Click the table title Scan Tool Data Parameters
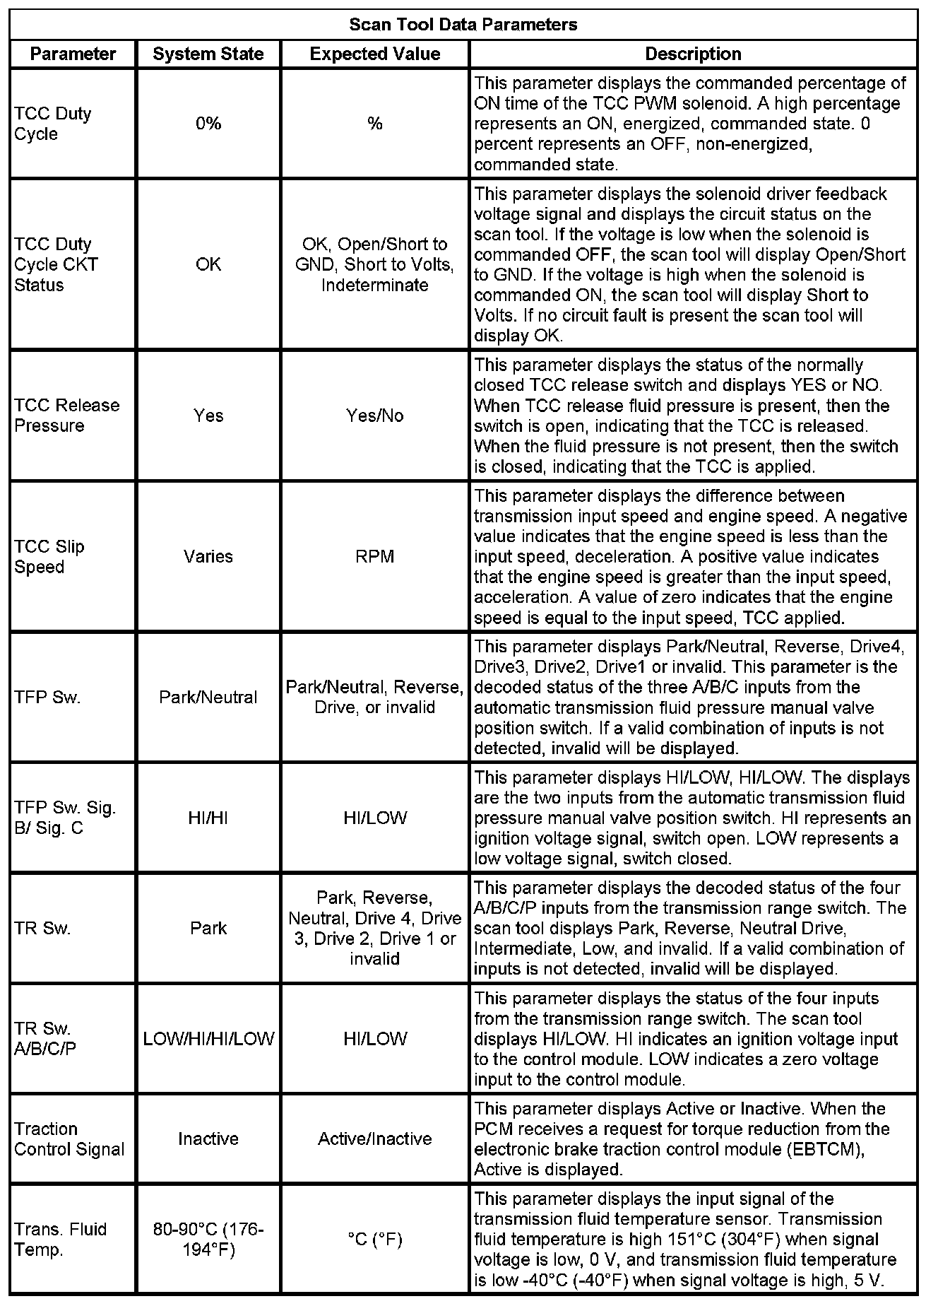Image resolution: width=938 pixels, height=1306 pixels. click(463, 25)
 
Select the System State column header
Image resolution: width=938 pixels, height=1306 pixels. click(208, 54)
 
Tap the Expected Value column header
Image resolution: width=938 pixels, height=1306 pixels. click(375, 54)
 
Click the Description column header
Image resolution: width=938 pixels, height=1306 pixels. click(693, 54)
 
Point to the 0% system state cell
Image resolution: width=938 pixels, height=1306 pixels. click(208, 124)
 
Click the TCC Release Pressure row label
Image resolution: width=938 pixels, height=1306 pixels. click(67, 416)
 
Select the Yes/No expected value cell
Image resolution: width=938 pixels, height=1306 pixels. click(375, 416)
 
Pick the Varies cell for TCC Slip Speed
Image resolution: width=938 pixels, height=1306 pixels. click(208, 556)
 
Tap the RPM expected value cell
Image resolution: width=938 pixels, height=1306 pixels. click(375, 556)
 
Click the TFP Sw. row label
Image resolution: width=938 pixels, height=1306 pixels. click(48, 698)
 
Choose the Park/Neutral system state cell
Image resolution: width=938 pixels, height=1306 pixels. click(208, 698)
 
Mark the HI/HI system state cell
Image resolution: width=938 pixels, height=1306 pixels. click(208, 818)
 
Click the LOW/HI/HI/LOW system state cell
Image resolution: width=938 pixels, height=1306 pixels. click(208, 1038)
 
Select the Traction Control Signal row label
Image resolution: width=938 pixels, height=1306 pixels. click(69, 1139)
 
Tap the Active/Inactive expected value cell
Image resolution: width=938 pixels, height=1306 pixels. click(375, 1139)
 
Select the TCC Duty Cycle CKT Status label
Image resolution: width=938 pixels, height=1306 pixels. click(57, 264)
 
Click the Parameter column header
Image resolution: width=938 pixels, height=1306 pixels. click(73, 54)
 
